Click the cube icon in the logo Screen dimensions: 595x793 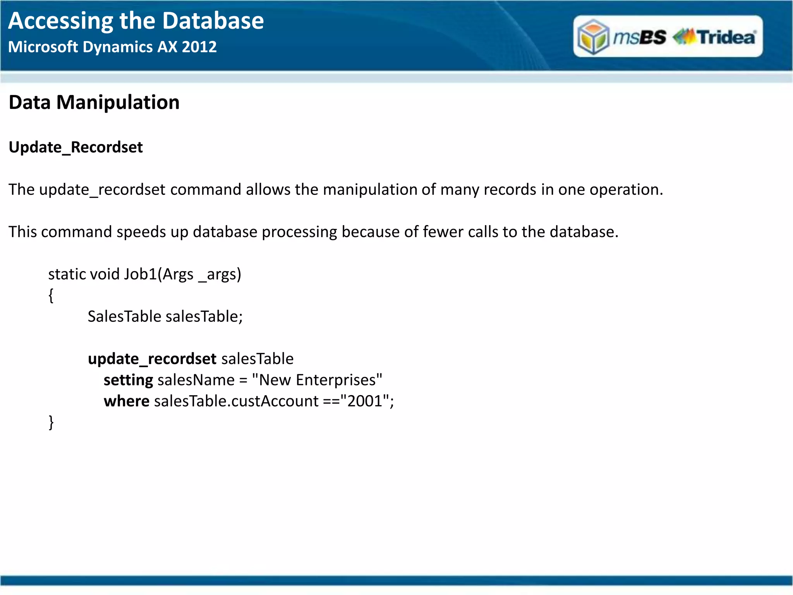point(593,37)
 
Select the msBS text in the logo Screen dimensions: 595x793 point(640,37)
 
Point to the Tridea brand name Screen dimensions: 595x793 point(726,37)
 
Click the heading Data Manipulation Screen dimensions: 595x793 point(94,103)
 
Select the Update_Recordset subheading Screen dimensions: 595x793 point(76,148)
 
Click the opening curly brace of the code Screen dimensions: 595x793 point(51,296)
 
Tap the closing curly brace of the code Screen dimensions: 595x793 point(51,422)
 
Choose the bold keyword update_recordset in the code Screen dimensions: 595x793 point(152,359)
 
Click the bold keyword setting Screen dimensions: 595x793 point(128,380)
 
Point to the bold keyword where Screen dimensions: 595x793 point(126,401)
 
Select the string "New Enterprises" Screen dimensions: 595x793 point(317,380)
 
